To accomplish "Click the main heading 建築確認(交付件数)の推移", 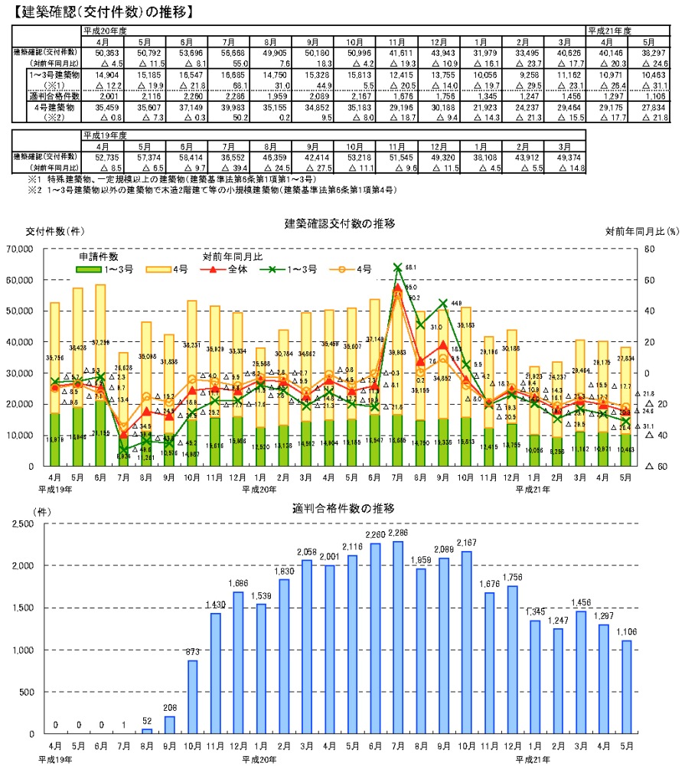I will point(99,11).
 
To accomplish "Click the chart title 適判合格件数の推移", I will point(339,507).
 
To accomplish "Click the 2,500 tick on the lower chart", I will point(24,524).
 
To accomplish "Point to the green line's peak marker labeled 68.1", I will point(398,268).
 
